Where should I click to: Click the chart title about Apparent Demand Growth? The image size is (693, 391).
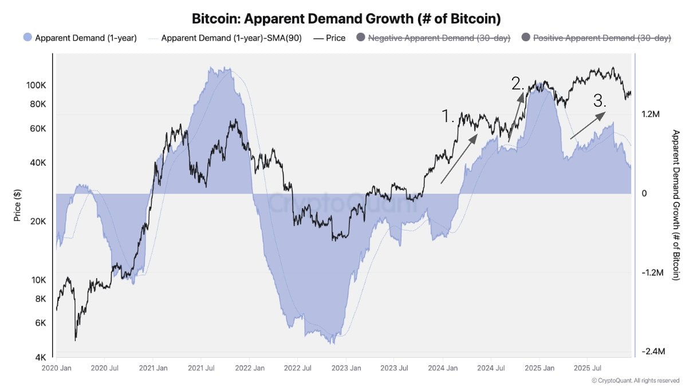(346, 19)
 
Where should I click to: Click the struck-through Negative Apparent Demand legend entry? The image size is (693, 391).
(439, 38)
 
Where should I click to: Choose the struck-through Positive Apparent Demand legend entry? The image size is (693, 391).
(602, 38)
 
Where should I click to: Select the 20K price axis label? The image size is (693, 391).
(38, 221)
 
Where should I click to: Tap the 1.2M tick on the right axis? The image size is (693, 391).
(651, 115)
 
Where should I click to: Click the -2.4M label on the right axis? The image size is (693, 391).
(652, 351)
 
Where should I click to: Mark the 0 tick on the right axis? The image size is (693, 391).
(644, 194)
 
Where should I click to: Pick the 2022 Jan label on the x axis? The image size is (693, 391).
(250, 367)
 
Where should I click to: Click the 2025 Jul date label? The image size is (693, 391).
(586, 367)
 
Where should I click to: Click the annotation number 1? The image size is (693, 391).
(448, 117)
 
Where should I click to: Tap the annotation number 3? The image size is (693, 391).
(600, 101)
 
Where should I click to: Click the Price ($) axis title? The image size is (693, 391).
(17, 206)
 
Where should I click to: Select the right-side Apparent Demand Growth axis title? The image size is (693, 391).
(675, 205)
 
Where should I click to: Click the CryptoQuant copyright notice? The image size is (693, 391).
(635, 380)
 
